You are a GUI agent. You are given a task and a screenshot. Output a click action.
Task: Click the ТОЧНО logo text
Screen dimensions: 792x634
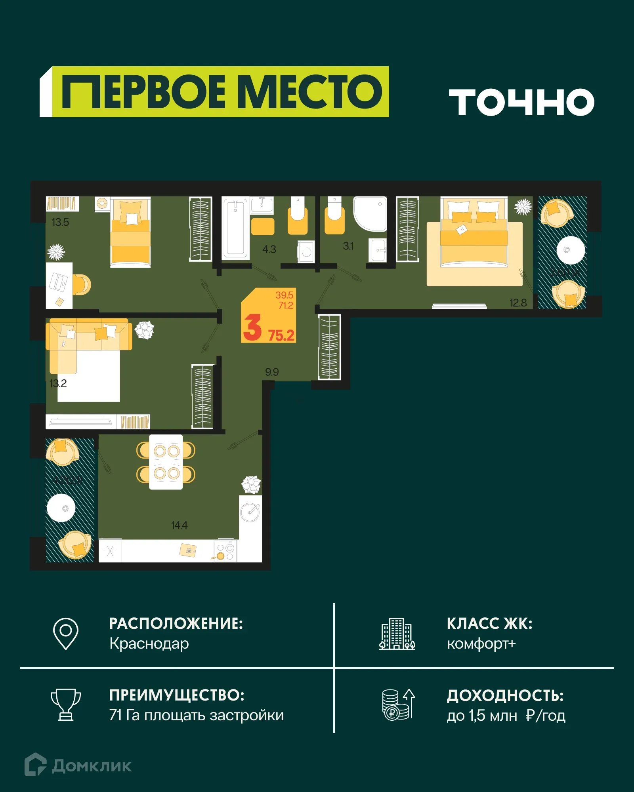(x=521, y=102)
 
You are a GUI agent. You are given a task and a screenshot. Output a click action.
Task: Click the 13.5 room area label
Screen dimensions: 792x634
(x=60, y=222)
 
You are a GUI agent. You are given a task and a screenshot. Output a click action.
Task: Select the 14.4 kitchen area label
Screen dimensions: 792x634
(x=179, y=525)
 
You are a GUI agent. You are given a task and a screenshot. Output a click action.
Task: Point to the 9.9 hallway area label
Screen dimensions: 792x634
(x=272, y=372)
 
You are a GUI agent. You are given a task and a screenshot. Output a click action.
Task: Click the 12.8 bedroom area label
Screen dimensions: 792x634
(x=518, y=303)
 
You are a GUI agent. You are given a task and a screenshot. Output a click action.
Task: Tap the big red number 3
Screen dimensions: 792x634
(x=252, y=327)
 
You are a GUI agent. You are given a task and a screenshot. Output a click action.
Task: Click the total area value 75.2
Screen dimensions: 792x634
(x=281, y=335)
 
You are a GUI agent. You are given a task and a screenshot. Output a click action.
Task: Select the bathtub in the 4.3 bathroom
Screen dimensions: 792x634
(x=235, y=229)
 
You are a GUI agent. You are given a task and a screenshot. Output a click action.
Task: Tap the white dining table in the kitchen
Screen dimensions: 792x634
(x=166, y=462)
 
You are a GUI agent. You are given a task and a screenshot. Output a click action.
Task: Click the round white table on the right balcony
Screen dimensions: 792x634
(x=571, y=250)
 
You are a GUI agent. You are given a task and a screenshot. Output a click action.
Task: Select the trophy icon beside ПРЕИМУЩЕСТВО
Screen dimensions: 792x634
(x=66, y=705)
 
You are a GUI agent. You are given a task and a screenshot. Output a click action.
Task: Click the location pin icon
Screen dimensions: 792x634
(x=66, y=634)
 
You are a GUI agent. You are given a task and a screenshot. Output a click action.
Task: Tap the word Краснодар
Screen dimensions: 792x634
(x=149, y=643)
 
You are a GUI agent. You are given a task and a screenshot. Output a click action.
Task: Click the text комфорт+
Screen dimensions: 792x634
(x=481, y=643)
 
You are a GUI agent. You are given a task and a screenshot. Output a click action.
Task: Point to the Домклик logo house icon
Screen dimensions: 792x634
(x=35, y=764)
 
